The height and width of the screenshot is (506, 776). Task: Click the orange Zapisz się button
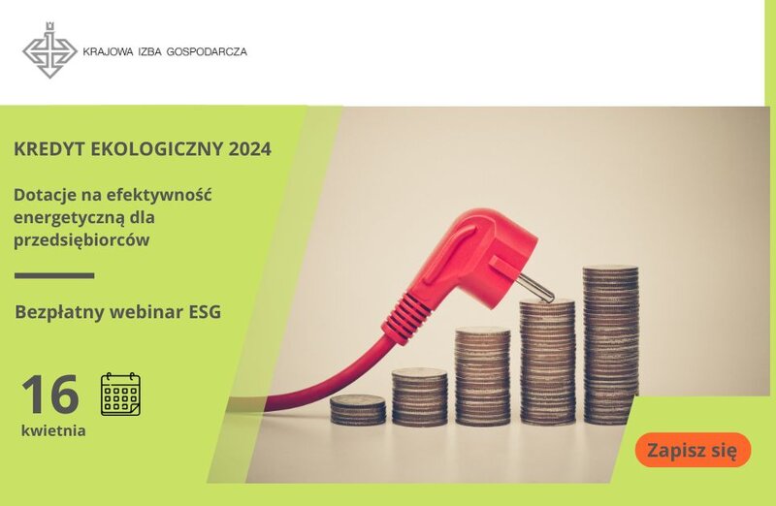(x=693, y=450)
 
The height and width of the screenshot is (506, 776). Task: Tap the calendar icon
(x=120, y=395)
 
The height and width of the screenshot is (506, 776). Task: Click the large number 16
(x=50, y=395)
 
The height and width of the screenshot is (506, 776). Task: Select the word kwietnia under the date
(x=53, y=430)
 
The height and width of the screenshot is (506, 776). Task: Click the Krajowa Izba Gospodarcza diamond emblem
(x=49, y=50)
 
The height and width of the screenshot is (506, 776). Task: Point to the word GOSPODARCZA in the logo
(x=207, y=51)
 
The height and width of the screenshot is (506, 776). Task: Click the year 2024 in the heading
(x=250, y=149)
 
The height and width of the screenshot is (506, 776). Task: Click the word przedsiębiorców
(x=81, y=240)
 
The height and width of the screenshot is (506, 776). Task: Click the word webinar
(x=146, y=312)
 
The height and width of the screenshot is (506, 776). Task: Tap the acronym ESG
(x=205, y=312)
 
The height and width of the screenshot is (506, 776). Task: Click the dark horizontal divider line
(x=54, y=275)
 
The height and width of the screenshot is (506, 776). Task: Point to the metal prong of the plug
(x=535, y=288)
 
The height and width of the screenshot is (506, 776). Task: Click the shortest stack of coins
(x=358, y=410)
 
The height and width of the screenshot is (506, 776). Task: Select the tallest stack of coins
(x=611, y=345)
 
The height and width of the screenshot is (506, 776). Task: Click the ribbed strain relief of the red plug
(x=406, y=317)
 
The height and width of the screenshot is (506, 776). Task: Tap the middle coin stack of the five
(x=482, y=376)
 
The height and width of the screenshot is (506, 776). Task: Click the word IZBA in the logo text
(x=150, y=51)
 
